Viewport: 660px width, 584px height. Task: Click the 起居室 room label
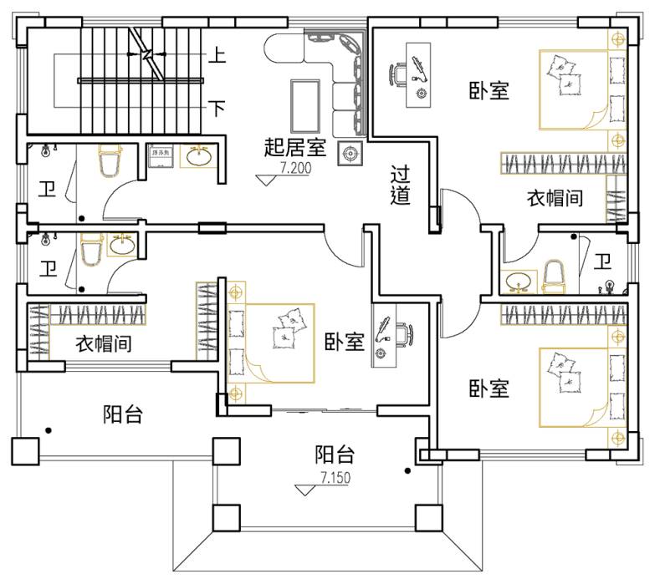(294, 148)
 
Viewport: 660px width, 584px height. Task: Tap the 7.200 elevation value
(295, 168)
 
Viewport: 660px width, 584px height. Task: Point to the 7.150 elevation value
(335, 478)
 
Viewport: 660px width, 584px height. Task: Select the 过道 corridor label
(400, 185)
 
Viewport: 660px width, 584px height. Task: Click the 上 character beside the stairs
(217, 57)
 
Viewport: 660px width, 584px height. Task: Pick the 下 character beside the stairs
(217, 108)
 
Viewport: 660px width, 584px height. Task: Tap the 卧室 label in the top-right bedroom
(489, 89)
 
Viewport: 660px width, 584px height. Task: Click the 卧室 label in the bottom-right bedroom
(489, 388)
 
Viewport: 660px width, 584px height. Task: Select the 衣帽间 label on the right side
(554, 198)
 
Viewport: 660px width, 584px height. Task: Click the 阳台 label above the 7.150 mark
(335, 455)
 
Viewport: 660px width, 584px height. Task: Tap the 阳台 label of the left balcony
(123, 414)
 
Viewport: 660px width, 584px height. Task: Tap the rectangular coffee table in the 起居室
(302, 104)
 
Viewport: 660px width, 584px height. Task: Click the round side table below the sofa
(348, 152)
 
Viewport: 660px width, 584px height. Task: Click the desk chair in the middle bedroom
(402, 333)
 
